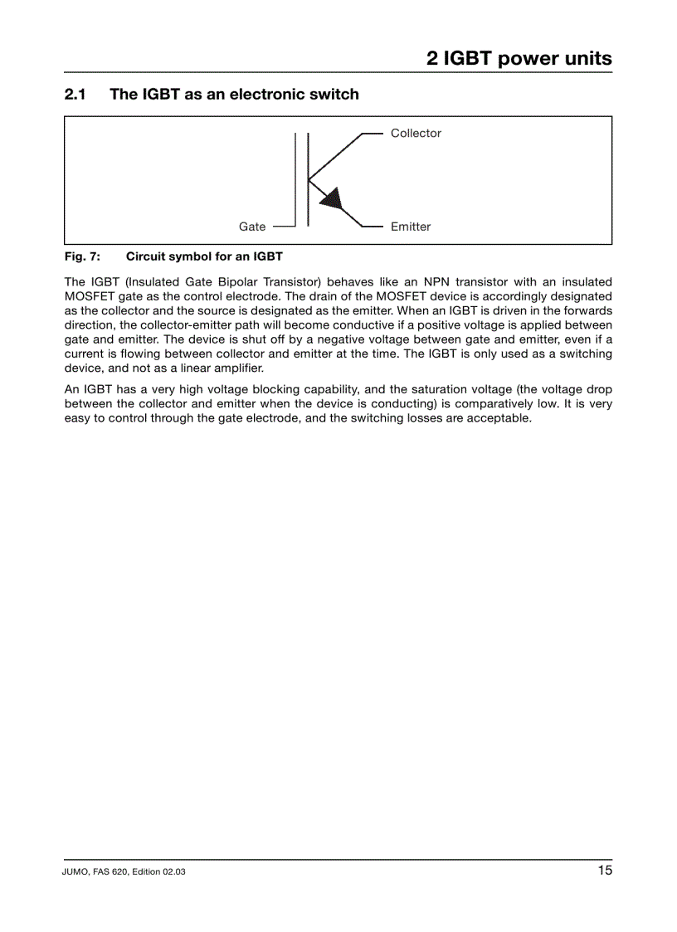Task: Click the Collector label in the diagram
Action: pyautogui.click(x=416, y=133)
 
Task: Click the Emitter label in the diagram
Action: pyautogui.click(x=411, y=227)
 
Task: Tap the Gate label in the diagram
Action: pyautogui.click(x=252, y=227)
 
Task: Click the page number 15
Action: pyautogui.click(x=604, y=870)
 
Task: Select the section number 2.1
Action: pyautogui.click(x=75, y=94)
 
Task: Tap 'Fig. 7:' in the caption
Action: pyautogui.click(x=82, y=256)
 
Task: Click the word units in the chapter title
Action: pyautogui.click(x=587, y=58)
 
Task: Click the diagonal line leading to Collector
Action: pyautogui.click(x=336, y=156)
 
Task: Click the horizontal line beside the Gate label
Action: pyautogui.click(x=283, y=226)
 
